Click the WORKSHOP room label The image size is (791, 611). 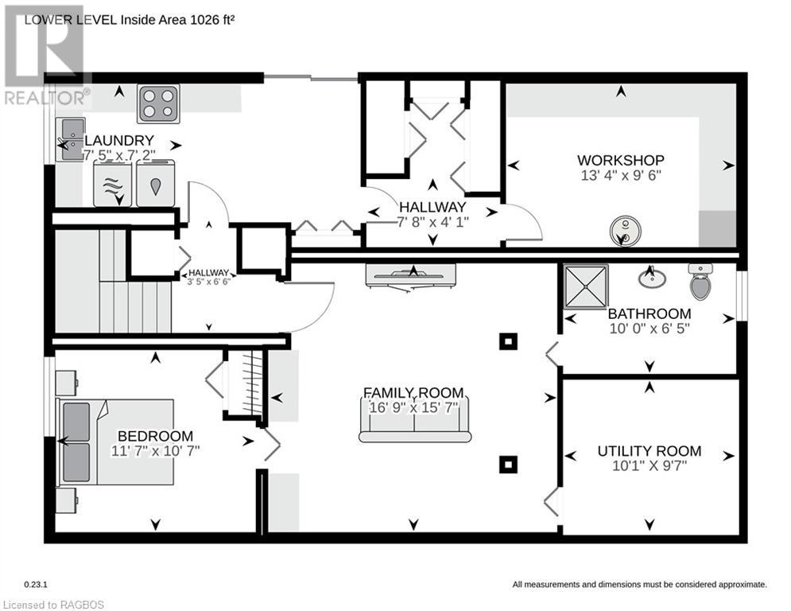coord(621,160)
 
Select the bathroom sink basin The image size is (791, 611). coord(652,277)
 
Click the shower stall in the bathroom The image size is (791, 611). coord(585,286)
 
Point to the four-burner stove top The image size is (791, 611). coord(158,103)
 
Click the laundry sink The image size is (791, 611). coord(70,139)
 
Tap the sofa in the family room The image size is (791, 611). coord(415,419)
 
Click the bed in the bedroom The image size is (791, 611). coord(117,442)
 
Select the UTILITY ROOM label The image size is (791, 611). coord(649,451)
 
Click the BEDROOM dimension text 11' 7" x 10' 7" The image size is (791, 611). coord(155,450)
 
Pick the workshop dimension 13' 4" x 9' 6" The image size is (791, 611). coord(621,175)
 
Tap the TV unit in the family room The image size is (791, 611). coord(411,277)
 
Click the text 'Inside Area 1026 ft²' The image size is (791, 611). coord(177,20)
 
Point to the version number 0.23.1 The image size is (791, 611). coord(36,584)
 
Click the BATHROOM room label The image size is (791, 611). coord(649,313)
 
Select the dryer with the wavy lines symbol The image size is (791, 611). coord(113,183)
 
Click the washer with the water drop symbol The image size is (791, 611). coord(156,183)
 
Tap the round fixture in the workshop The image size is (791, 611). coord(625,232)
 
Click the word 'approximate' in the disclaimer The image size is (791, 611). coord(742,585)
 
